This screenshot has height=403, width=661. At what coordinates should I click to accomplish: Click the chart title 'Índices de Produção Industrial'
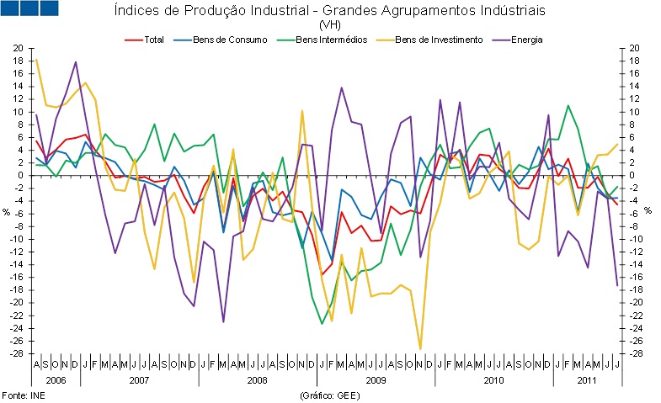click(x=328, y=11)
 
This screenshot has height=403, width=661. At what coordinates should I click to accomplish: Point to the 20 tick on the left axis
click(x=19, y=48)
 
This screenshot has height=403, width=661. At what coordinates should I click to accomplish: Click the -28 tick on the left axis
click(x=17, y=353)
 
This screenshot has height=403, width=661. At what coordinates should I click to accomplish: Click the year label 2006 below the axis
click(x=56, y=380)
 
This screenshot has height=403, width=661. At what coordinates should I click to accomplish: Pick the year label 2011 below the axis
click(x=588, y=380)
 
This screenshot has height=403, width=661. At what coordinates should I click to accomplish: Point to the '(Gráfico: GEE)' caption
click(x=328, y=395)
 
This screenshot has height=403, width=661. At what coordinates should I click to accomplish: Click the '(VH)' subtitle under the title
click(x=328, y=25)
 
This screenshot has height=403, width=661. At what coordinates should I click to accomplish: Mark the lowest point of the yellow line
click(x=420, y=348)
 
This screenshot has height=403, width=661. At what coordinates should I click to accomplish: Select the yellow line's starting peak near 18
click(x=36, y=59)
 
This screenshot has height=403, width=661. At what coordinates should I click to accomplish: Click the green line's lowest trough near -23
click(x=322, y=323)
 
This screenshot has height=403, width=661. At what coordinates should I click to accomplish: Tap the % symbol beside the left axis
click(x=7, y=210)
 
